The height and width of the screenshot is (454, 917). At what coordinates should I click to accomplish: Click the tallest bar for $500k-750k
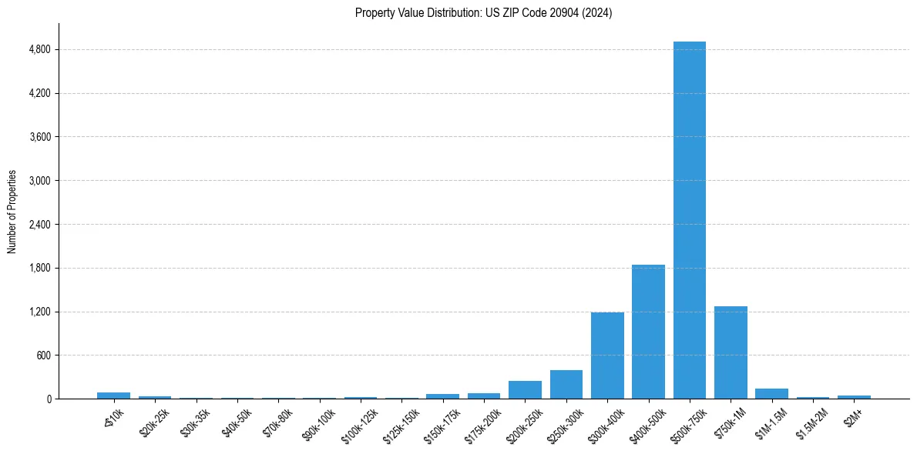689,220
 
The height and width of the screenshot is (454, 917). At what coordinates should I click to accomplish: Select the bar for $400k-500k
648,332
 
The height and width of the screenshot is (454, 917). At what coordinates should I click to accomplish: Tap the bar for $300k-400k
607,356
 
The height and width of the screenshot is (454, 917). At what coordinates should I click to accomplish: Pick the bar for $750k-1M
731,352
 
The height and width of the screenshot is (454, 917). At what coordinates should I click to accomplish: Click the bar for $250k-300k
566,385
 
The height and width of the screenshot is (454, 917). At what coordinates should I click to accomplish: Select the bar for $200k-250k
525,390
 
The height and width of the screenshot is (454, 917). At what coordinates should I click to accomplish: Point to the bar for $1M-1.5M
771,394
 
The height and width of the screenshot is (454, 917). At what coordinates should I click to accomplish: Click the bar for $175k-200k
484,396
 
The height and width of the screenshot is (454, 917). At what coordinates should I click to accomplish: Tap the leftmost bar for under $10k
113,396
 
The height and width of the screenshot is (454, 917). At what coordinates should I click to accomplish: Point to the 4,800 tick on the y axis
40,50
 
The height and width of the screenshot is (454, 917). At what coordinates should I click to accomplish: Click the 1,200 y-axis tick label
40,312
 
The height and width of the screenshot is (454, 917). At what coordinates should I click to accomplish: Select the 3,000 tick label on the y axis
40,181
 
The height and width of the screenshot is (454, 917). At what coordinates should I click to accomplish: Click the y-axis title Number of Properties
12,212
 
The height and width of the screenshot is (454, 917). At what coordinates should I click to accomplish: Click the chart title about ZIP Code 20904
483,13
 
